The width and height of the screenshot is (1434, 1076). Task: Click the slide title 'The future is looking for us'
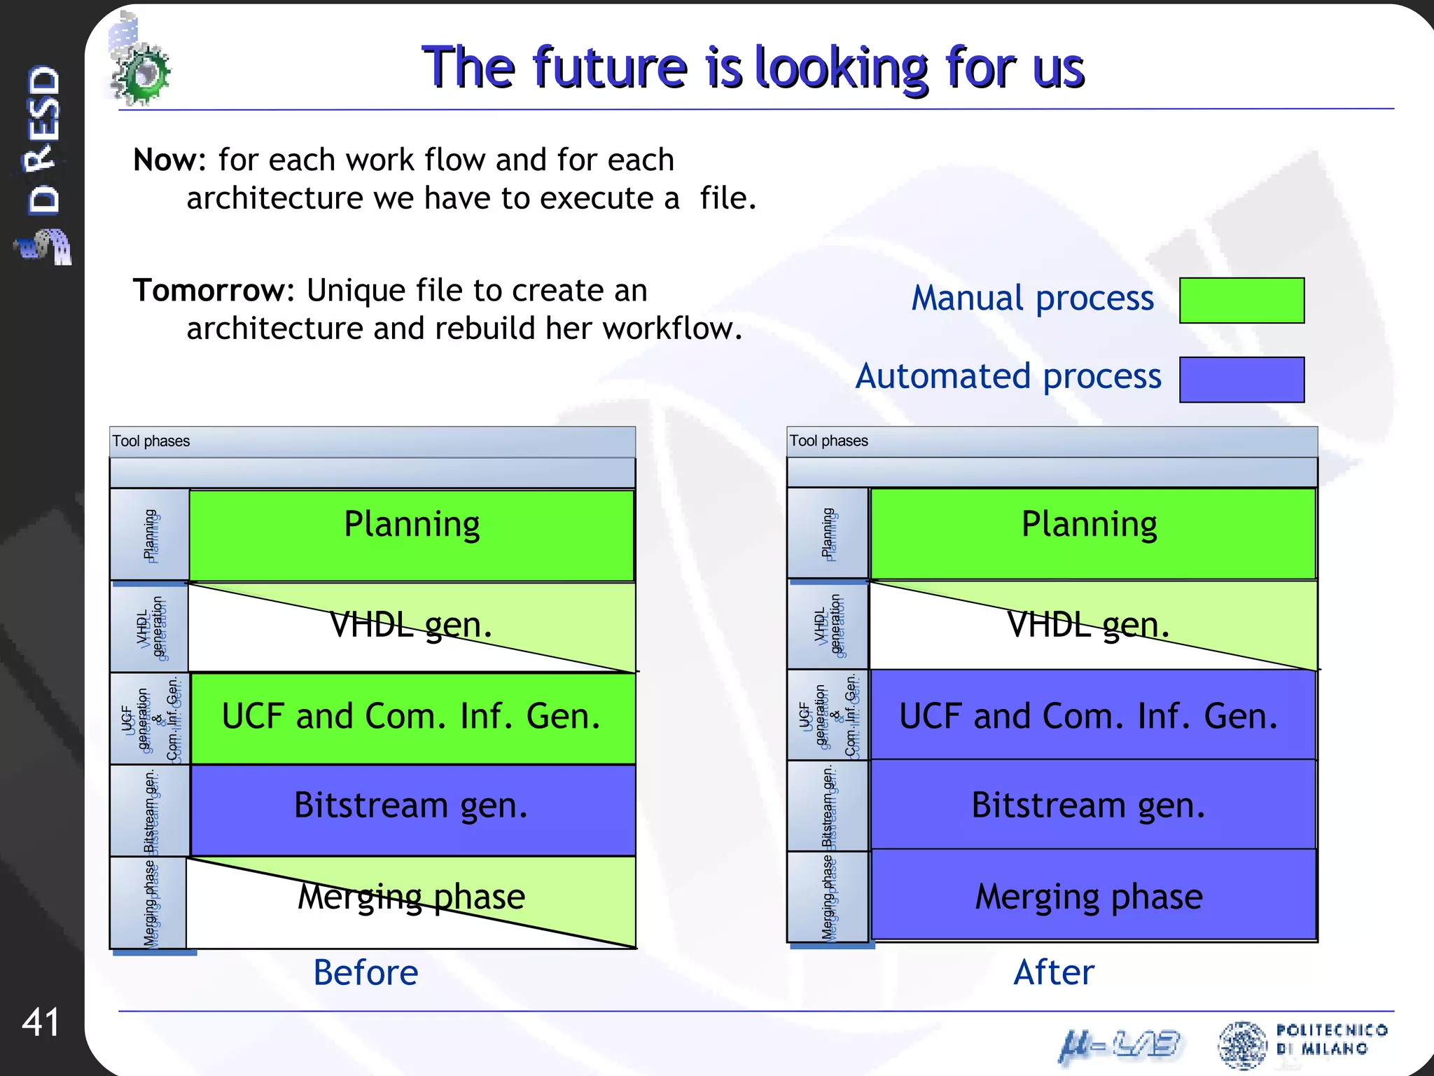(x=753, y=67)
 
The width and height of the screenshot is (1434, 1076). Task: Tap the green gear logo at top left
(x=142, y=72)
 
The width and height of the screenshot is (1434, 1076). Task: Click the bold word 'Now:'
(x=169, y=160)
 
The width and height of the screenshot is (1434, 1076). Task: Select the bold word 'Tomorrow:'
(x=214, y=291)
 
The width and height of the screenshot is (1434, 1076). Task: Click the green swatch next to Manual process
(x=1241, y=301)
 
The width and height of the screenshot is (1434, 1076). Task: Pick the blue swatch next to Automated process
(x=1241, y=380)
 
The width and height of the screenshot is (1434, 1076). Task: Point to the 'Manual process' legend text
(x=1032, y=298)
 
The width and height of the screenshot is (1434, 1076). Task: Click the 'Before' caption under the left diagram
(x=366, y=972)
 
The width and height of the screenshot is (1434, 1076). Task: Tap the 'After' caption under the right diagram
(x=1053, y=972)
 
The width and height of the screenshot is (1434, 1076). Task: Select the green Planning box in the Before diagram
(x=412, y=535)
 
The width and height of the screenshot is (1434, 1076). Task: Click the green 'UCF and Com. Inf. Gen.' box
(x=412, y=718)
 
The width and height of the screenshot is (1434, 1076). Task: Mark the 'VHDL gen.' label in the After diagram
(x=1088, y=624)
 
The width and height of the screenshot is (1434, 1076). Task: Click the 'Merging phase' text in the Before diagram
(x=412, y=897)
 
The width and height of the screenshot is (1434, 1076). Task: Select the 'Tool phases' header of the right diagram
(x=829, y=441)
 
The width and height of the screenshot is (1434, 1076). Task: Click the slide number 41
(x=41, y=1022)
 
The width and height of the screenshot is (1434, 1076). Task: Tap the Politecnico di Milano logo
(x=1302, y=1044)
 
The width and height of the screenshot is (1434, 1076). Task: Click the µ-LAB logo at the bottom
(x=1119, y=1045)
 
